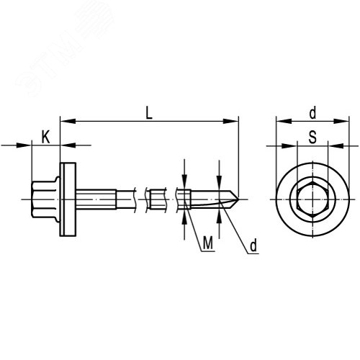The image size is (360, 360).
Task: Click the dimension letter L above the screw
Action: click(x=149, y=113)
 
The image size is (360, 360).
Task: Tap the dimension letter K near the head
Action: click(x=45, y=138)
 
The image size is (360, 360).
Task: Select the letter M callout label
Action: click(x=208, y=243)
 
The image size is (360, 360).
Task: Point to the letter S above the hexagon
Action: click(x=312, y=138)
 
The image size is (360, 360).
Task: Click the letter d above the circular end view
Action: click(x=312, y=113)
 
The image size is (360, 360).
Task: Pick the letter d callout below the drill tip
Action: click(x=253, y=246)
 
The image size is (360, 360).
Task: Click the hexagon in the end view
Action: click(x=312, y=199)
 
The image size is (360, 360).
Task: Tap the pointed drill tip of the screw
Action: click(x=238, y=199)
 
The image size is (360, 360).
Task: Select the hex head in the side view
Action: click(x=45, y=199)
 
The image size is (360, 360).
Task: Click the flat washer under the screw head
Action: click(x=68, y=199)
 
